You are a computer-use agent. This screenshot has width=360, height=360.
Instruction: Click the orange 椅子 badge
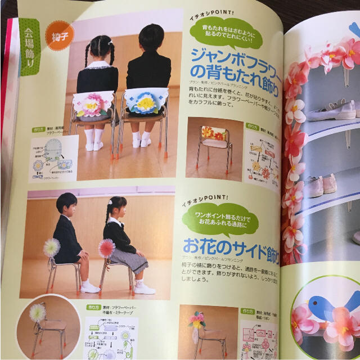[59, 35]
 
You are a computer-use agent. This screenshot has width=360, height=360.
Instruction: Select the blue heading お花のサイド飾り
[231, 248]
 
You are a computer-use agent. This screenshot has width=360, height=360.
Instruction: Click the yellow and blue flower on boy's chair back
[145, 102]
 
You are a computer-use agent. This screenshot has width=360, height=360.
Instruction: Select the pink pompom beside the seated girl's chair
[106, 247]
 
